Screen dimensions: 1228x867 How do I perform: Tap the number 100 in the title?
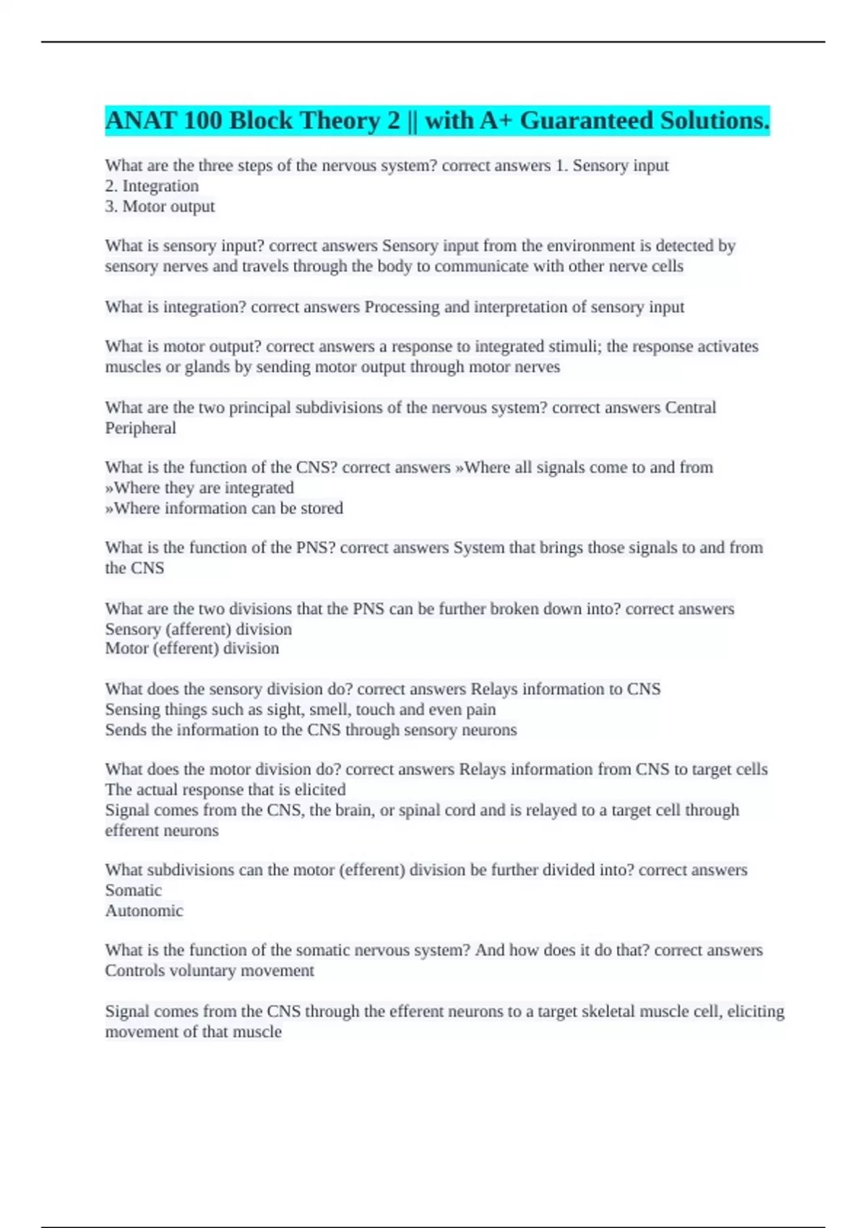203,121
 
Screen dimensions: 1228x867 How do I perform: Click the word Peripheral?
140,428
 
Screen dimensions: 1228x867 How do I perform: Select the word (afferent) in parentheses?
199,629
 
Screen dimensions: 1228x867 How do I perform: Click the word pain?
480,709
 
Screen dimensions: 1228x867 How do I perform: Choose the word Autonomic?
144,911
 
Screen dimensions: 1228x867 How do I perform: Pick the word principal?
260,407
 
